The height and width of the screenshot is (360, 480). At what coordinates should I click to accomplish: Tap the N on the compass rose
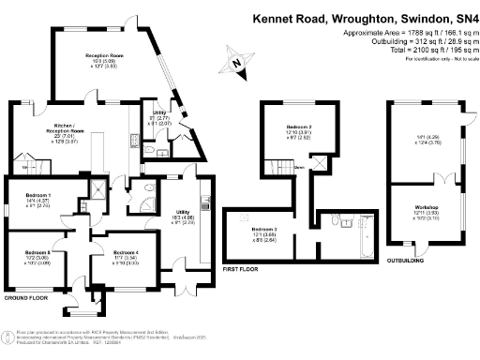(x=238, y=64)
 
